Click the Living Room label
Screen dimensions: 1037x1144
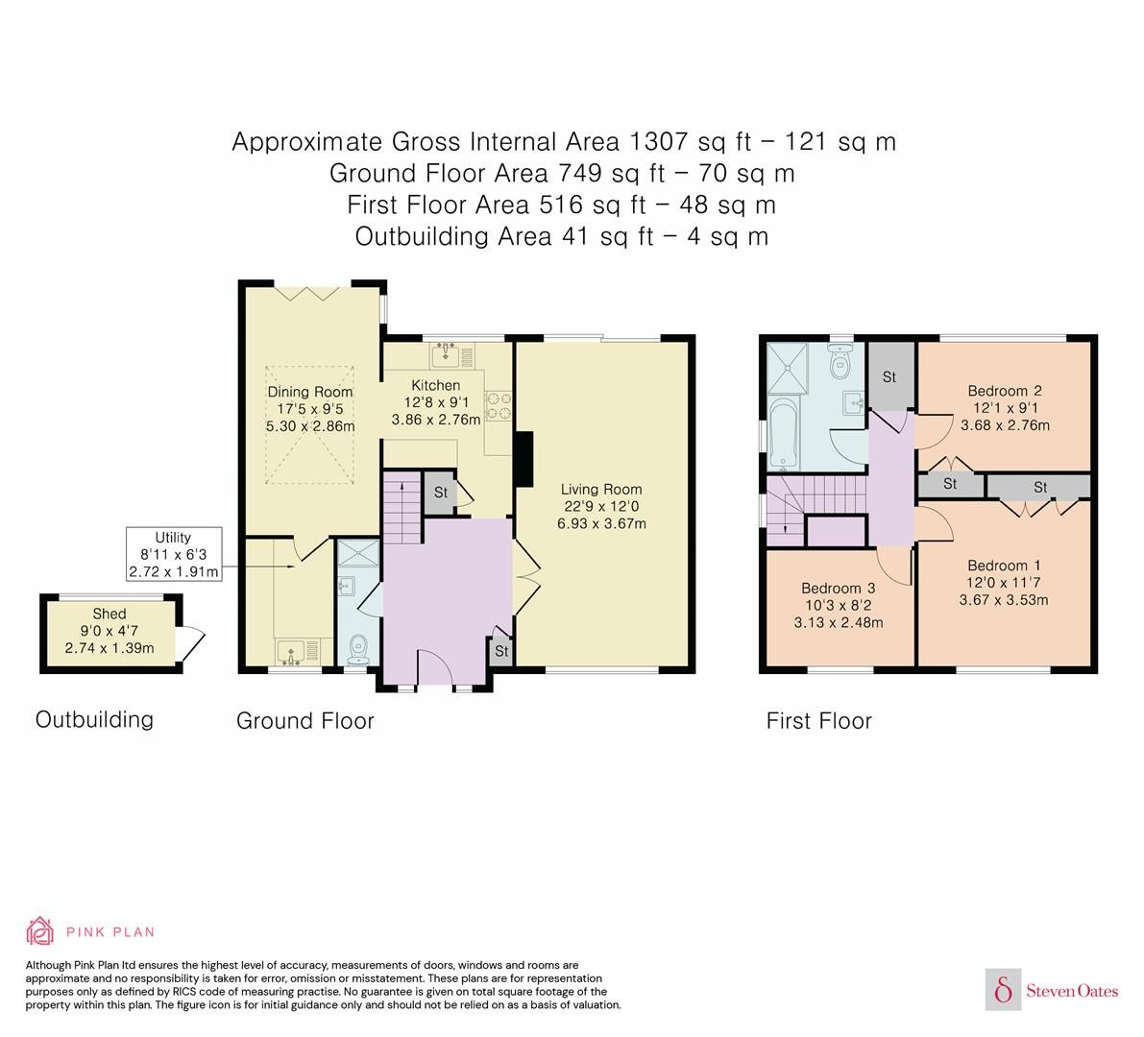[601, 489]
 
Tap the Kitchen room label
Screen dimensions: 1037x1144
[435, 385]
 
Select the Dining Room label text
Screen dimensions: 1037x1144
[309, 392]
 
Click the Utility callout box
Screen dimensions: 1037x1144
[174, 554]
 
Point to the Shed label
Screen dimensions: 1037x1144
[109, 614]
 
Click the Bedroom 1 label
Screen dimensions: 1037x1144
[1003, 566]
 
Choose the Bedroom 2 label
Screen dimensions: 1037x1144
[1004, 391]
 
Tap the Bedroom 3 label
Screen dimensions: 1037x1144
[838, 588]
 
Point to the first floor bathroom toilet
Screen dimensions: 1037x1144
[840, 361]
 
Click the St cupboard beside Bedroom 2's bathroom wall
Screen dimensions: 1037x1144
[888, 376]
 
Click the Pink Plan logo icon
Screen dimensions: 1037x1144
[41, 930]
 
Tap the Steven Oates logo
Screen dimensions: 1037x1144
[1054, 990]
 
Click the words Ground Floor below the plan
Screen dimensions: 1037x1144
[304, 720]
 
